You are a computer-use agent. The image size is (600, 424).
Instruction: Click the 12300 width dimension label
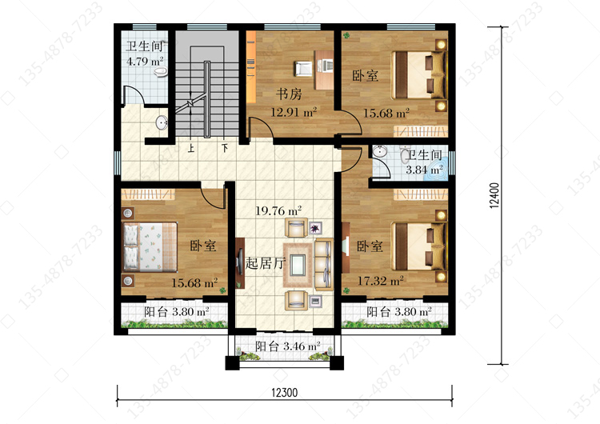284,393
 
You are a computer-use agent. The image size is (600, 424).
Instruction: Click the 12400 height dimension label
494,195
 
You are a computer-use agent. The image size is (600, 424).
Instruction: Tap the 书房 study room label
289,94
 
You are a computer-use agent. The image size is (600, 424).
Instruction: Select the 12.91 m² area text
294,113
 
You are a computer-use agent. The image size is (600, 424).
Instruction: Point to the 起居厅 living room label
265,263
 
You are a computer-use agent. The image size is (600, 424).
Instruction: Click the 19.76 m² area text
278,211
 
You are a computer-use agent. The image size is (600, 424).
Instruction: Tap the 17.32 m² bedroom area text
380,281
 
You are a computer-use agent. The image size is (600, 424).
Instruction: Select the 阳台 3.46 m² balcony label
288,346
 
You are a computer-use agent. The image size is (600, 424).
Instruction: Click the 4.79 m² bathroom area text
145,62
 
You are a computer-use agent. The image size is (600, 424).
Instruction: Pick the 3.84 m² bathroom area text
424,169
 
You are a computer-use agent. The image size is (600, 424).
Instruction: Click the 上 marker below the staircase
191,148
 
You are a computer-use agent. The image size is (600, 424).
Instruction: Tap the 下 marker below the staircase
225,148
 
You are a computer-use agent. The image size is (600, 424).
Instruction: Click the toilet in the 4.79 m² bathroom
160,71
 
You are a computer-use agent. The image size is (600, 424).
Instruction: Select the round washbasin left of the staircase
162,123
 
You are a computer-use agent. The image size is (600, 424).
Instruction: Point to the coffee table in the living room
298,265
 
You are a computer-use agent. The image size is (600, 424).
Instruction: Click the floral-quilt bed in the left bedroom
150,247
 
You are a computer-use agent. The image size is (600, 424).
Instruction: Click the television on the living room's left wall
240,262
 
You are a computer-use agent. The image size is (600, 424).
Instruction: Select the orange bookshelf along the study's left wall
251,67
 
